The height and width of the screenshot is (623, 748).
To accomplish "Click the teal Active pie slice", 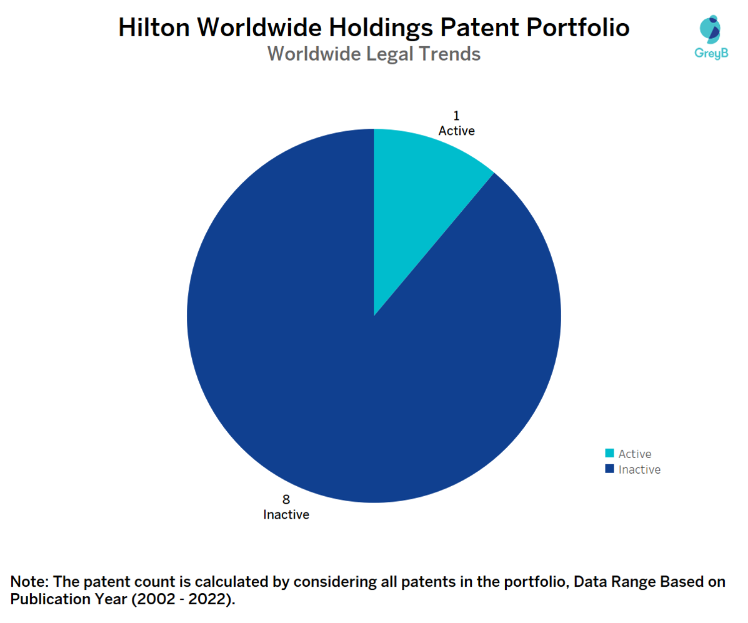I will pos(419,200).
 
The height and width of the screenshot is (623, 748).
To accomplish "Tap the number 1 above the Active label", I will pos(456,116).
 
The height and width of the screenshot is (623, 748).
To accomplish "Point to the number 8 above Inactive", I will pos(286,500).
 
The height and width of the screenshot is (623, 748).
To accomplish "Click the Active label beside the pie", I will pos(456,131).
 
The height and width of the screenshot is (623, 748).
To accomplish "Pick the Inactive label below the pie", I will pos(286,516).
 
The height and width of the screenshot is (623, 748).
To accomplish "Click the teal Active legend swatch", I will pos(609,454).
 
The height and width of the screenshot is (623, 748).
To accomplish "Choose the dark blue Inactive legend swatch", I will pos(609,469).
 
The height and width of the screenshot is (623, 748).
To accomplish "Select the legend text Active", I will pos(635,454).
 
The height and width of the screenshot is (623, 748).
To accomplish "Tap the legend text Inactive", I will pos(639,470).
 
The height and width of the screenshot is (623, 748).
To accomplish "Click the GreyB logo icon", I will pos(709,28).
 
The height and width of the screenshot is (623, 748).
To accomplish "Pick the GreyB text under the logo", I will pos(709,54).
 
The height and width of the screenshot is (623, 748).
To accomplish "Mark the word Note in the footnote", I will pos(26,582).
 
